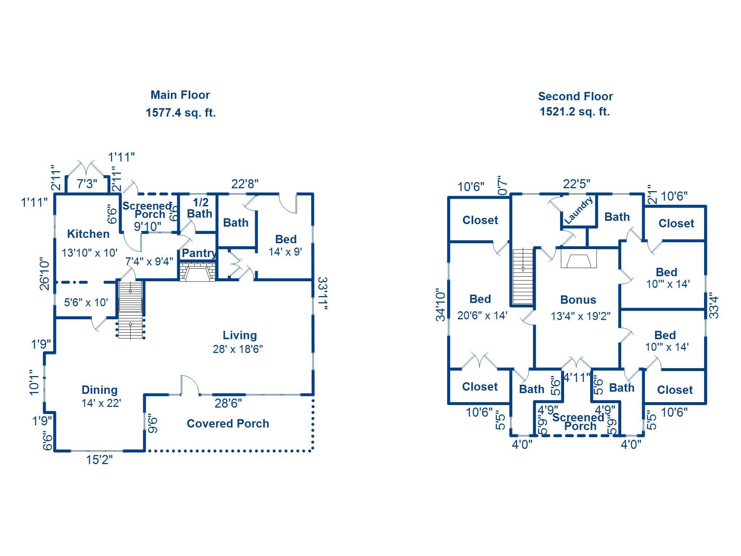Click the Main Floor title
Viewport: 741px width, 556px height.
[x=180, y=95]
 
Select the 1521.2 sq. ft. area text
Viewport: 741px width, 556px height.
[x=575, y=111]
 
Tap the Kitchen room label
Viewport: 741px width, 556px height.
[x=88, y=234]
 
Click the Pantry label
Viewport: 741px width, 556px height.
[x=199, y=253]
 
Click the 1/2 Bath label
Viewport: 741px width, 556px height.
[x=199, y=208]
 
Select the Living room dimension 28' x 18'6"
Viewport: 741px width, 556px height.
[x=238, y=349]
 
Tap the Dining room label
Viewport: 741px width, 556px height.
[x=99, y=390]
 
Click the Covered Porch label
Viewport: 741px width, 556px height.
[x=228, y=424]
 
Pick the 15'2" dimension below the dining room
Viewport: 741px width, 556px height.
[x=99, y=460]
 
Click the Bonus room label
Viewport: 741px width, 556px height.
[x=578, y=300]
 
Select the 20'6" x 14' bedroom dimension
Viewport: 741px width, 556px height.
[x=482, y=316]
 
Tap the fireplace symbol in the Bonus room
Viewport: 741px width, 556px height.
[x=579, y=258]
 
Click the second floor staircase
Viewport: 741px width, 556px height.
[x=523, y=276]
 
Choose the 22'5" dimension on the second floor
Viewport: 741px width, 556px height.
[x=576, y=184]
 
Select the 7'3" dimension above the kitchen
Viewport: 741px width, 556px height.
[x=87, y=184]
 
